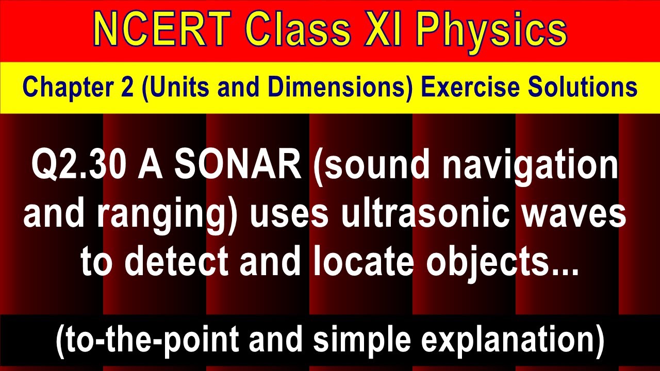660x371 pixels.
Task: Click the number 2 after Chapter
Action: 130,87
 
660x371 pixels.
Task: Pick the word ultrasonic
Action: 423,214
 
